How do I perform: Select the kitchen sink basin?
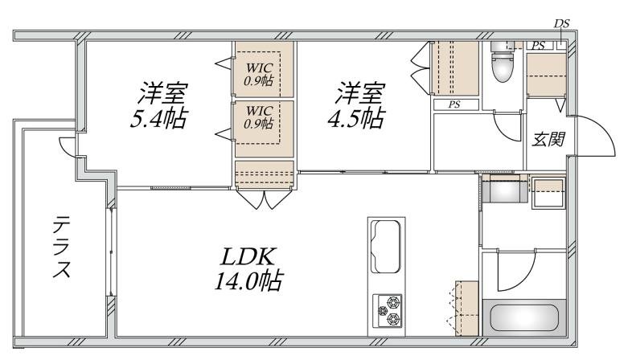point(386,246)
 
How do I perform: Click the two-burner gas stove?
point(388,310)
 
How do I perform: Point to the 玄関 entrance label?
point(548,139)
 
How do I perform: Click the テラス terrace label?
point(62,247)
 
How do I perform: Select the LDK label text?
point(248,257)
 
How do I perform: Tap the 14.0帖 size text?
point(248,280)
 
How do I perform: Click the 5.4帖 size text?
point(159,118)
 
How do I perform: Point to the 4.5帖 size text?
point(356,118)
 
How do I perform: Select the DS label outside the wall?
point(561,23)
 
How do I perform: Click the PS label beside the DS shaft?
point(538,46)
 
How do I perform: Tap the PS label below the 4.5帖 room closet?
point(454,105)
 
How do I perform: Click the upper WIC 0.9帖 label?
point(259,74)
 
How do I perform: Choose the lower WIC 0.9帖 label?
point(259,117)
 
